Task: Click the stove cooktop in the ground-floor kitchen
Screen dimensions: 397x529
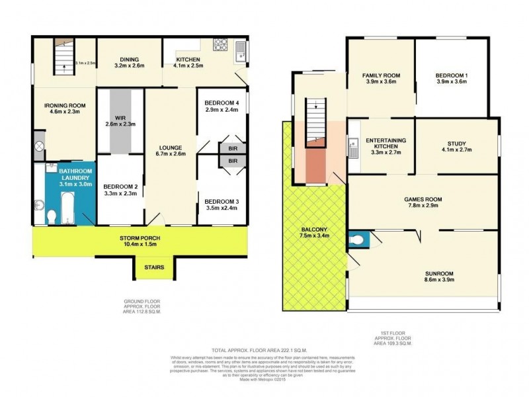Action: click(221, 46)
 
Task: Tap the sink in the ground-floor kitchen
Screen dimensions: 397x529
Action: click(240, 48)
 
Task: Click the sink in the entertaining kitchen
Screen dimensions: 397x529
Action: click(353, 146)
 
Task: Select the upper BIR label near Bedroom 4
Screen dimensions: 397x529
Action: click(233, 148)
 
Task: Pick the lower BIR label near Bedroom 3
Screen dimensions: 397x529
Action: click(233, 161)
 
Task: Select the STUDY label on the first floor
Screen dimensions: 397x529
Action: click(456, 140)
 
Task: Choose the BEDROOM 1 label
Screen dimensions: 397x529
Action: click(452, 75)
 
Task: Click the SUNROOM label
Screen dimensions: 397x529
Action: click(423, 273)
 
